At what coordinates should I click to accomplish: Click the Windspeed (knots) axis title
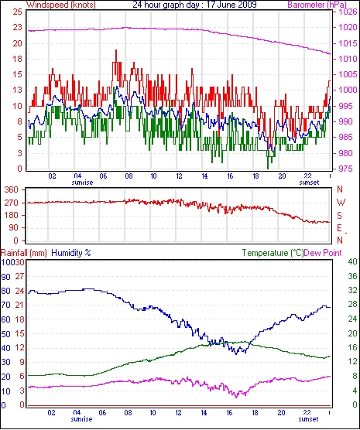[61, 5]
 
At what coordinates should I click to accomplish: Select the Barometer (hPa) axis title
[317, 5]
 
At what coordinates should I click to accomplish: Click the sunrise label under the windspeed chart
[82, 183]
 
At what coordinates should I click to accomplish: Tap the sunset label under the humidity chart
[308, 419]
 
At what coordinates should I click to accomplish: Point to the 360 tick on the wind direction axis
[12, 189]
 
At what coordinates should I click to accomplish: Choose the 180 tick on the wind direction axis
[12, 215]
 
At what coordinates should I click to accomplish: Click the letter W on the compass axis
[341, 203]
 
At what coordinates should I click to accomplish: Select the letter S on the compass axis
[340, 216]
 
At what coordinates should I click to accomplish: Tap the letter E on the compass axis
[340, 228]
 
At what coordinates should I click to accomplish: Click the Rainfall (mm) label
[24, 253]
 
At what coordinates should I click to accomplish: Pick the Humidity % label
[71, 253]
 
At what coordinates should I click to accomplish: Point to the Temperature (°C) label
[273, 253]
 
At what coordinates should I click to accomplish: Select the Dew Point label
[323, 253]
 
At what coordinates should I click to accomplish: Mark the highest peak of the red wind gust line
[116, 50]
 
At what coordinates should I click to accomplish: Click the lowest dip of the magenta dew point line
[236, 398]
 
